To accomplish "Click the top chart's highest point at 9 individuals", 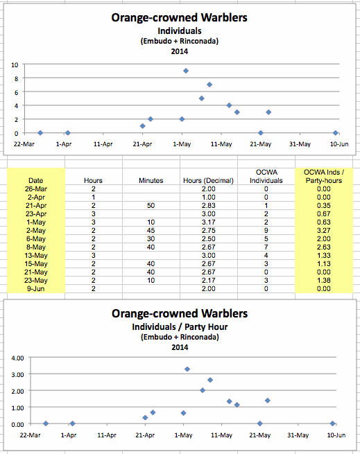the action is pyautogui.click(x=186, y=71).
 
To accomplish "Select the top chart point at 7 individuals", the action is pyautogui.click(x=209, y=85).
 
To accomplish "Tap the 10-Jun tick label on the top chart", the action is pyautogui.click(x=339, y=144).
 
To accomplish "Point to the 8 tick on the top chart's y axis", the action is pyautogui.click(x=16, y=78).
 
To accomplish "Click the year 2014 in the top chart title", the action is pyautogui.click(x=180, y=51).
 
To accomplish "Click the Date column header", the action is pyautogui.click(x=35, y=180).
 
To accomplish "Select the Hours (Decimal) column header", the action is pyautogui.click(x=208, y=180).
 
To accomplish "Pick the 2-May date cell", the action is pyautogui.click(x=36, y=231).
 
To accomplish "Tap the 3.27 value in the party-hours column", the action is pyautogui.click(x=323, y=231).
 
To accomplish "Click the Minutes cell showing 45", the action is pyautogui.click(x=151, y=231).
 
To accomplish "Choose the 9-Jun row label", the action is pyautogui.click(x=36, y=288).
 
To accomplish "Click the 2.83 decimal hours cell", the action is pyautogui.click(x=208, y=206).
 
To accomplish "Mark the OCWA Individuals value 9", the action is pyautogui.click(x=266, y=231).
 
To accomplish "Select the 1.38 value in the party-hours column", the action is pyautogui.click(x=323, y=280).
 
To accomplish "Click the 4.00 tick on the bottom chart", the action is pyautogui.click(x=17, y=358).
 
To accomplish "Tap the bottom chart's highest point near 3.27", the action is pyautogui.click(x=187, y=369).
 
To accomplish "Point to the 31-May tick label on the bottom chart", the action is pyautogui.click(x=298, y=435).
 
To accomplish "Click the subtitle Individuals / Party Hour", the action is pyautogui.click(x=180, y=327).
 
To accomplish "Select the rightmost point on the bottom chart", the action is pyautogui.click(x=332, y=424).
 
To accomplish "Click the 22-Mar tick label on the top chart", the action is pyautogui.click(x=24, y=144).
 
